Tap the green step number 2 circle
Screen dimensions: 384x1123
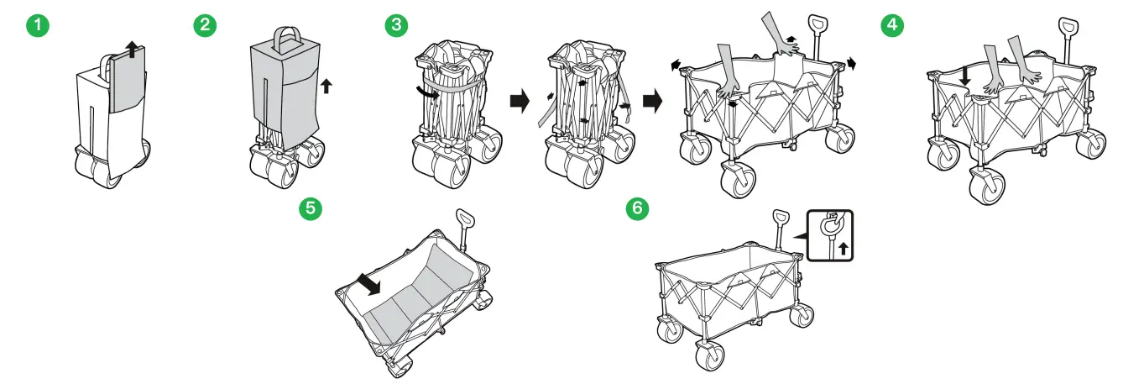click(202, 25)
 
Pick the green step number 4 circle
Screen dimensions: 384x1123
click(891, 25)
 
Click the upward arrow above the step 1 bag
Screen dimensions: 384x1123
click(130, 49)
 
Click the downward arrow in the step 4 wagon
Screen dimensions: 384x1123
click(965, 76)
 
